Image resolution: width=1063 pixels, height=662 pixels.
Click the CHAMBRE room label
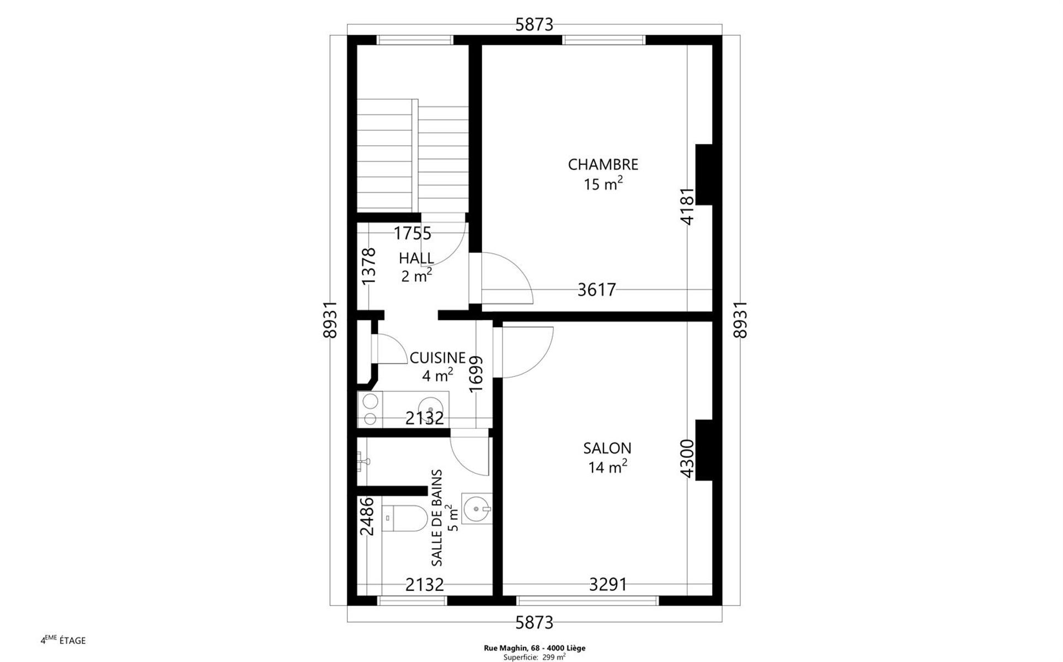(603, 164)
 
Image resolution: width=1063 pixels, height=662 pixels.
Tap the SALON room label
(607, 448)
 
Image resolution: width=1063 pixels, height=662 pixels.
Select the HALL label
(416, 258)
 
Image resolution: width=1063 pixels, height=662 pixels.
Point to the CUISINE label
(437, 358)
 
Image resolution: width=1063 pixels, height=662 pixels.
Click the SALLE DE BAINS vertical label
(437, 517)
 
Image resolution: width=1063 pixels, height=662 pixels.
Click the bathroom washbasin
(476, 508)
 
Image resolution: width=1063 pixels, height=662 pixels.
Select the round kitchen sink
(430, 409)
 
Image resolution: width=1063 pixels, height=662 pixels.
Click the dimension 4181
(687, 206)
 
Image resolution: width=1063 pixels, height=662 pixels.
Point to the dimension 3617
(596, 290)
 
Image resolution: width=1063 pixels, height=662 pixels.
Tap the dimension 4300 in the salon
(687, 458)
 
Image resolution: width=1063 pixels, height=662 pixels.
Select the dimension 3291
(608, 584)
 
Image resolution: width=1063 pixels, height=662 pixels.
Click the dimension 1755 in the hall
(412, 233)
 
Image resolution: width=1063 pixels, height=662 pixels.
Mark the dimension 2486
(367, 516)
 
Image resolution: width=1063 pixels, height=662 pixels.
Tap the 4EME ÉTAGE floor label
(63, 640)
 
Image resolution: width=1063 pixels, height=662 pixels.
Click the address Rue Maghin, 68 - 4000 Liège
(535, 648)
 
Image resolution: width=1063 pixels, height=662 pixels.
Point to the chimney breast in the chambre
(704, 175)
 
